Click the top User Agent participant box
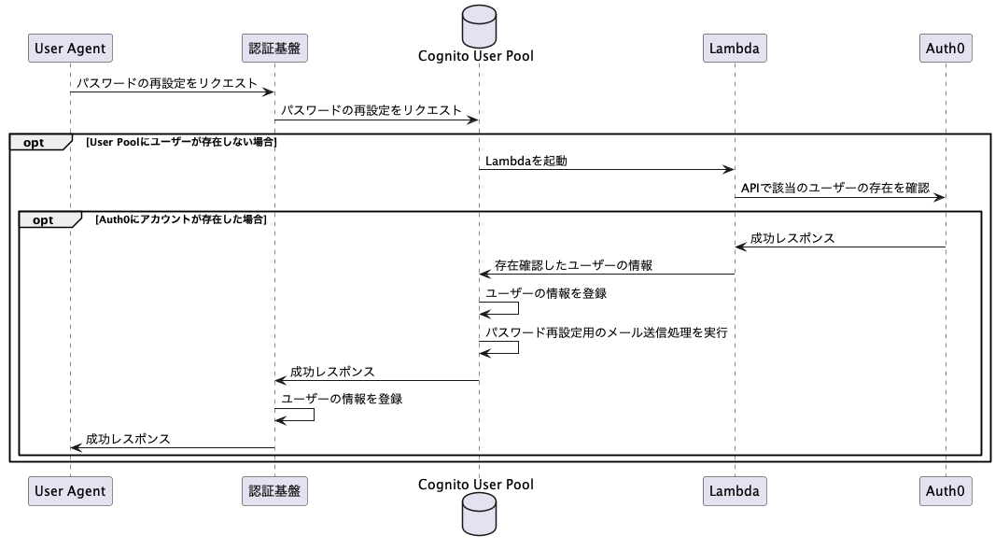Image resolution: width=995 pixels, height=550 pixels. point(70,47)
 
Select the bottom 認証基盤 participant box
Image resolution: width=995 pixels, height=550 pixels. point(274,490)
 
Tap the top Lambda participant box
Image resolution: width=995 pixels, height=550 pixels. point(734,47)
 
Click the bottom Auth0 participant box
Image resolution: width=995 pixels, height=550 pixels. point(945,490)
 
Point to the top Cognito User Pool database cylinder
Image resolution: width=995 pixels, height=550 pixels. point(479,26)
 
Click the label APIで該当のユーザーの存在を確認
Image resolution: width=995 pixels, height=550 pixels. point(835,189)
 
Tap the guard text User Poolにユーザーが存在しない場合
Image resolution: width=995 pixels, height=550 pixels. point(181,142)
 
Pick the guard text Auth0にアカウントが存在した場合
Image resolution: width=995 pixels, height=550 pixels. point(181,219)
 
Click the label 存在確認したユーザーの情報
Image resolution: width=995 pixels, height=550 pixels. point(573,265)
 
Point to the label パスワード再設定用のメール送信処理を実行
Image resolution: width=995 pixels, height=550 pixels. point(606,332)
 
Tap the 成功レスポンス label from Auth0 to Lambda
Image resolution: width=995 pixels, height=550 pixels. point(792,238)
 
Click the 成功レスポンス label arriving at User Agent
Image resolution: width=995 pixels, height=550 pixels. point(128,439)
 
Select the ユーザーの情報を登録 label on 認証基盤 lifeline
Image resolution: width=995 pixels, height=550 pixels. point(342,399)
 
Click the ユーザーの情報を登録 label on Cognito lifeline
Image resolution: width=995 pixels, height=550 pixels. point(546,293)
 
